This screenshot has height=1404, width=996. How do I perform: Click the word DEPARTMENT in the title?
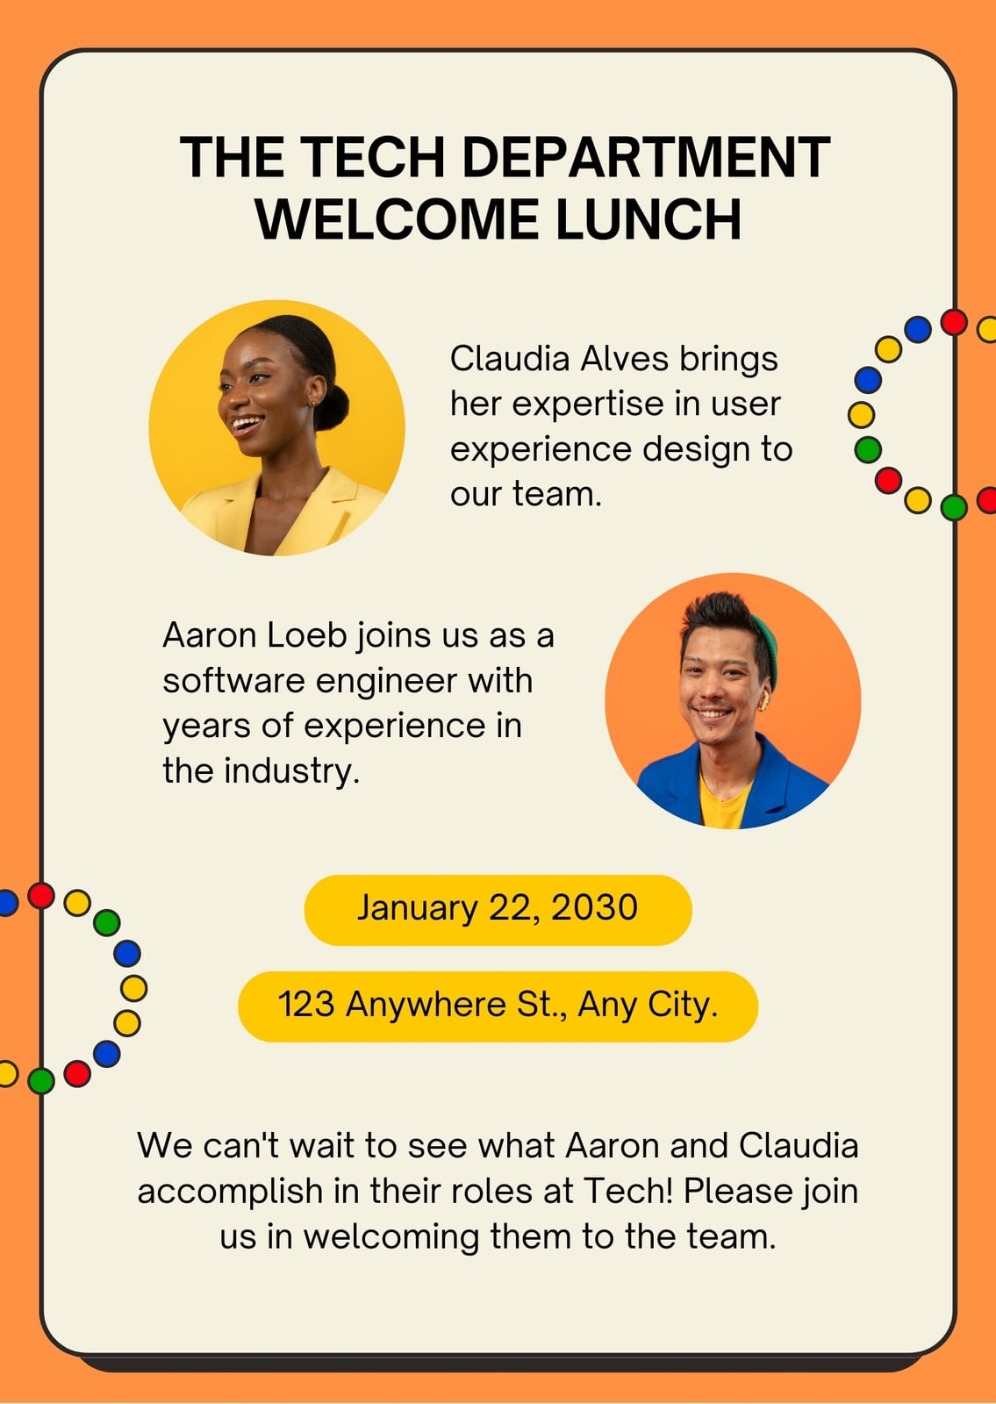click(646, 157)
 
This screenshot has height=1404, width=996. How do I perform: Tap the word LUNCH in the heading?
click(648, 218)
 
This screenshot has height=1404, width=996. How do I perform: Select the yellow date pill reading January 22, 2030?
click(498, 910)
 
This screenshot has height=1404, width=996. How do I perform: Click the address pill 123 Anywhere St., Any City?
click(498, 1006)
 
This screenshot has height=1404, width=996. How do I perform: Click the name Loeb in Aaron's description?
click(306, 635)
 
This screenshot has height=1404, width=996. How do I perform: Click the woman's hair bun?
click(332, 407)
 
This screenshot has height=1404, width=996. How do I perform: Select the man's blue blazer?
click(734, 784)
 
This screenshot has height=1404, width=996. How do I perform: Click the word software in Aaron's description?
click(233, 681)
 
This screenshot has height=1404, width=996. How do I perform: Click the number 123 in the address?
click(306, 1004)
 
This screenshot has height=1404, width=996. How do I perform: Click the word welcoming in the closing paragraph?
click(391, 1237)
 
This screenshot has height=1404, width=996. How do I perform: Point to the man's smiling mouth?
click(713, 713)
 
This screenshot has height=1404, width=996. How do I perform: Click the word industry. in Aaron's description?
click(292, 771)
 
